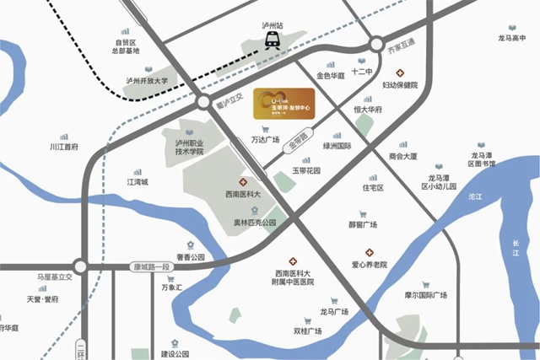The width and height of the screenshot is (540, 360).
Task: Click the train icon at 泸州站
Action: click(272, 40)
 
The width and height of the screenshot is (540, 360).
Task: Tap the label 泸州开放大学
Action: click(148, 82)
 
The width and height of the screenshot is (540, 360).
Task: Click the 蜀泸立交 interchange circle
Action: click(204, 102)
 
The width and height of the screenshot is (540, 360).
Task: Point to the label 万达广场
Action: click(266, 141)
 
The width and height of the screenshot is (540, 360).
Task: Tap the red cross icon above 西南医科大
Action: click(243, 183)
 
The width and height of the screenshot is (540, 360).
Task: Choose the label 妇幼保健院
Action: click(400, 85)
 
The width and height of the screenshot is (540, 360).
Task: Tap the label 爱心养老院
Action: click(369, 265)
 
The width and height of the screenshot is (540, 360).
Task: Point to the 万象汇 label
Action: click(172, 288)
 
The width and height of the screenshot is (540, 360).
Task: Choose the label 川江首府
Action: click(63, 147)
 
